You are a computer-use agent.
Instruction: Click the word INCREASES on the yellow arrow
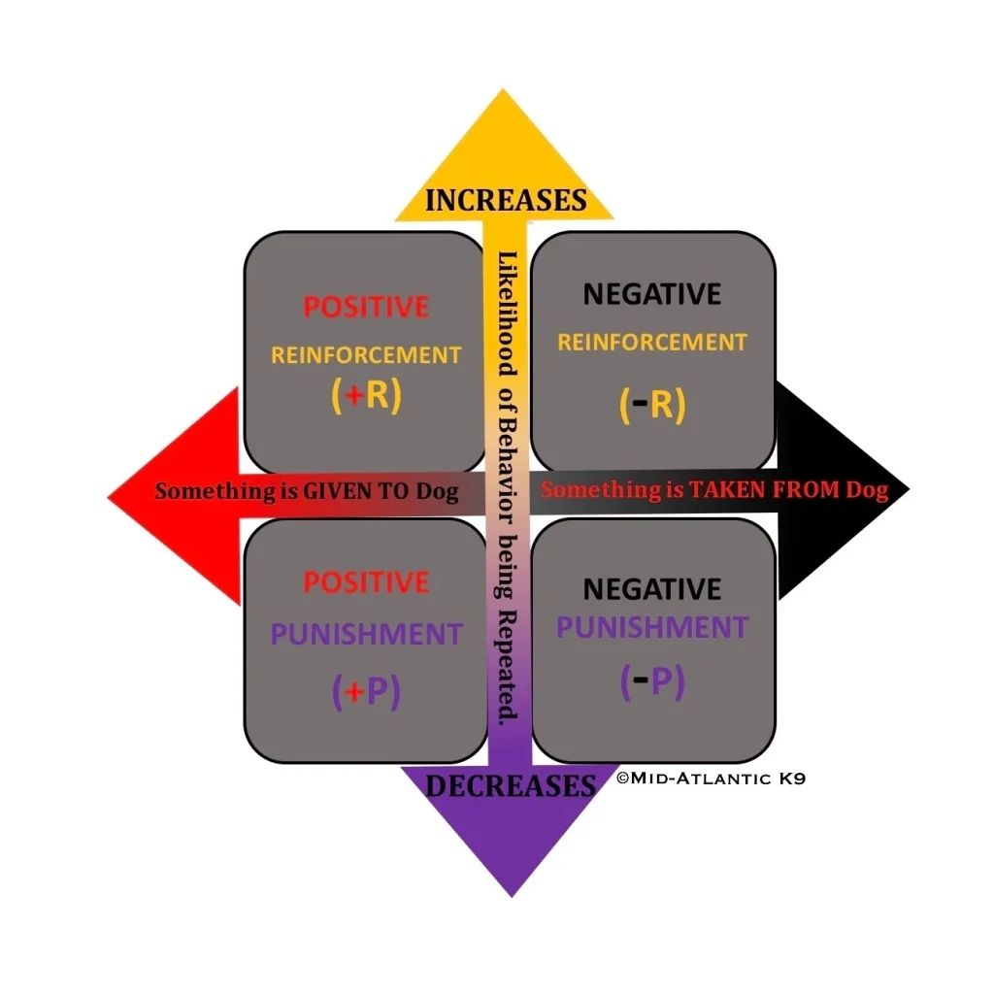point(506,200)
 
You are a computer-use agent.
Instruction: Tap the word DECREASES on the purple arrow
point(510,785)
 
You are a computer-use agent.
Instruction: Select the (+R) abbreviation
point(366,397)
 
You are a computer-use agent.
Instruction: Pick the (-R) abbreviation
point(652,405)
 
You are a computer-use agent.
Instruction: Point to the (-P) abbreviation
point(652,681)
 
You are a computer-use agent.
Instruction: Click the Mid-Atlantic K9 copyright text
point(711,778)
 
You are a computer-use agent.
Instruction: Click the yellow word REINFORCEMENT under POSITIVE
point(366,355)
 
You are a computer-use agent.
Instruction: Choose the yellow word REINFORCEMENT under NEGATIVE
point(652,342)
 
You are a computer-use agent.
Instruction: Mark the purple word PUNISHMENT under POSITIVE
point(366,636)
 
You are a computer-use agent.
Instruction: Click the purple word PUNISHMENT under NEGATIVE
point(652,627)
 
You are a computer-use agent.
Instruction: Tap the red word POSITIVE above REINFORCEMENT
point(366,308)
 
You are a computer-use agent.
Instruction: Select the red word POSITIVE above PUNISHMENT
point(366,582)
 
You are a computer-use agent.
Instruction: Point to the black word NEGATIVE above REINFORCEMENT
point(652,294)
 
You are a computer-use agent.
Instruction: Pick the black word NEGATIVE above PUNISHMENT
point(652,589)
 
